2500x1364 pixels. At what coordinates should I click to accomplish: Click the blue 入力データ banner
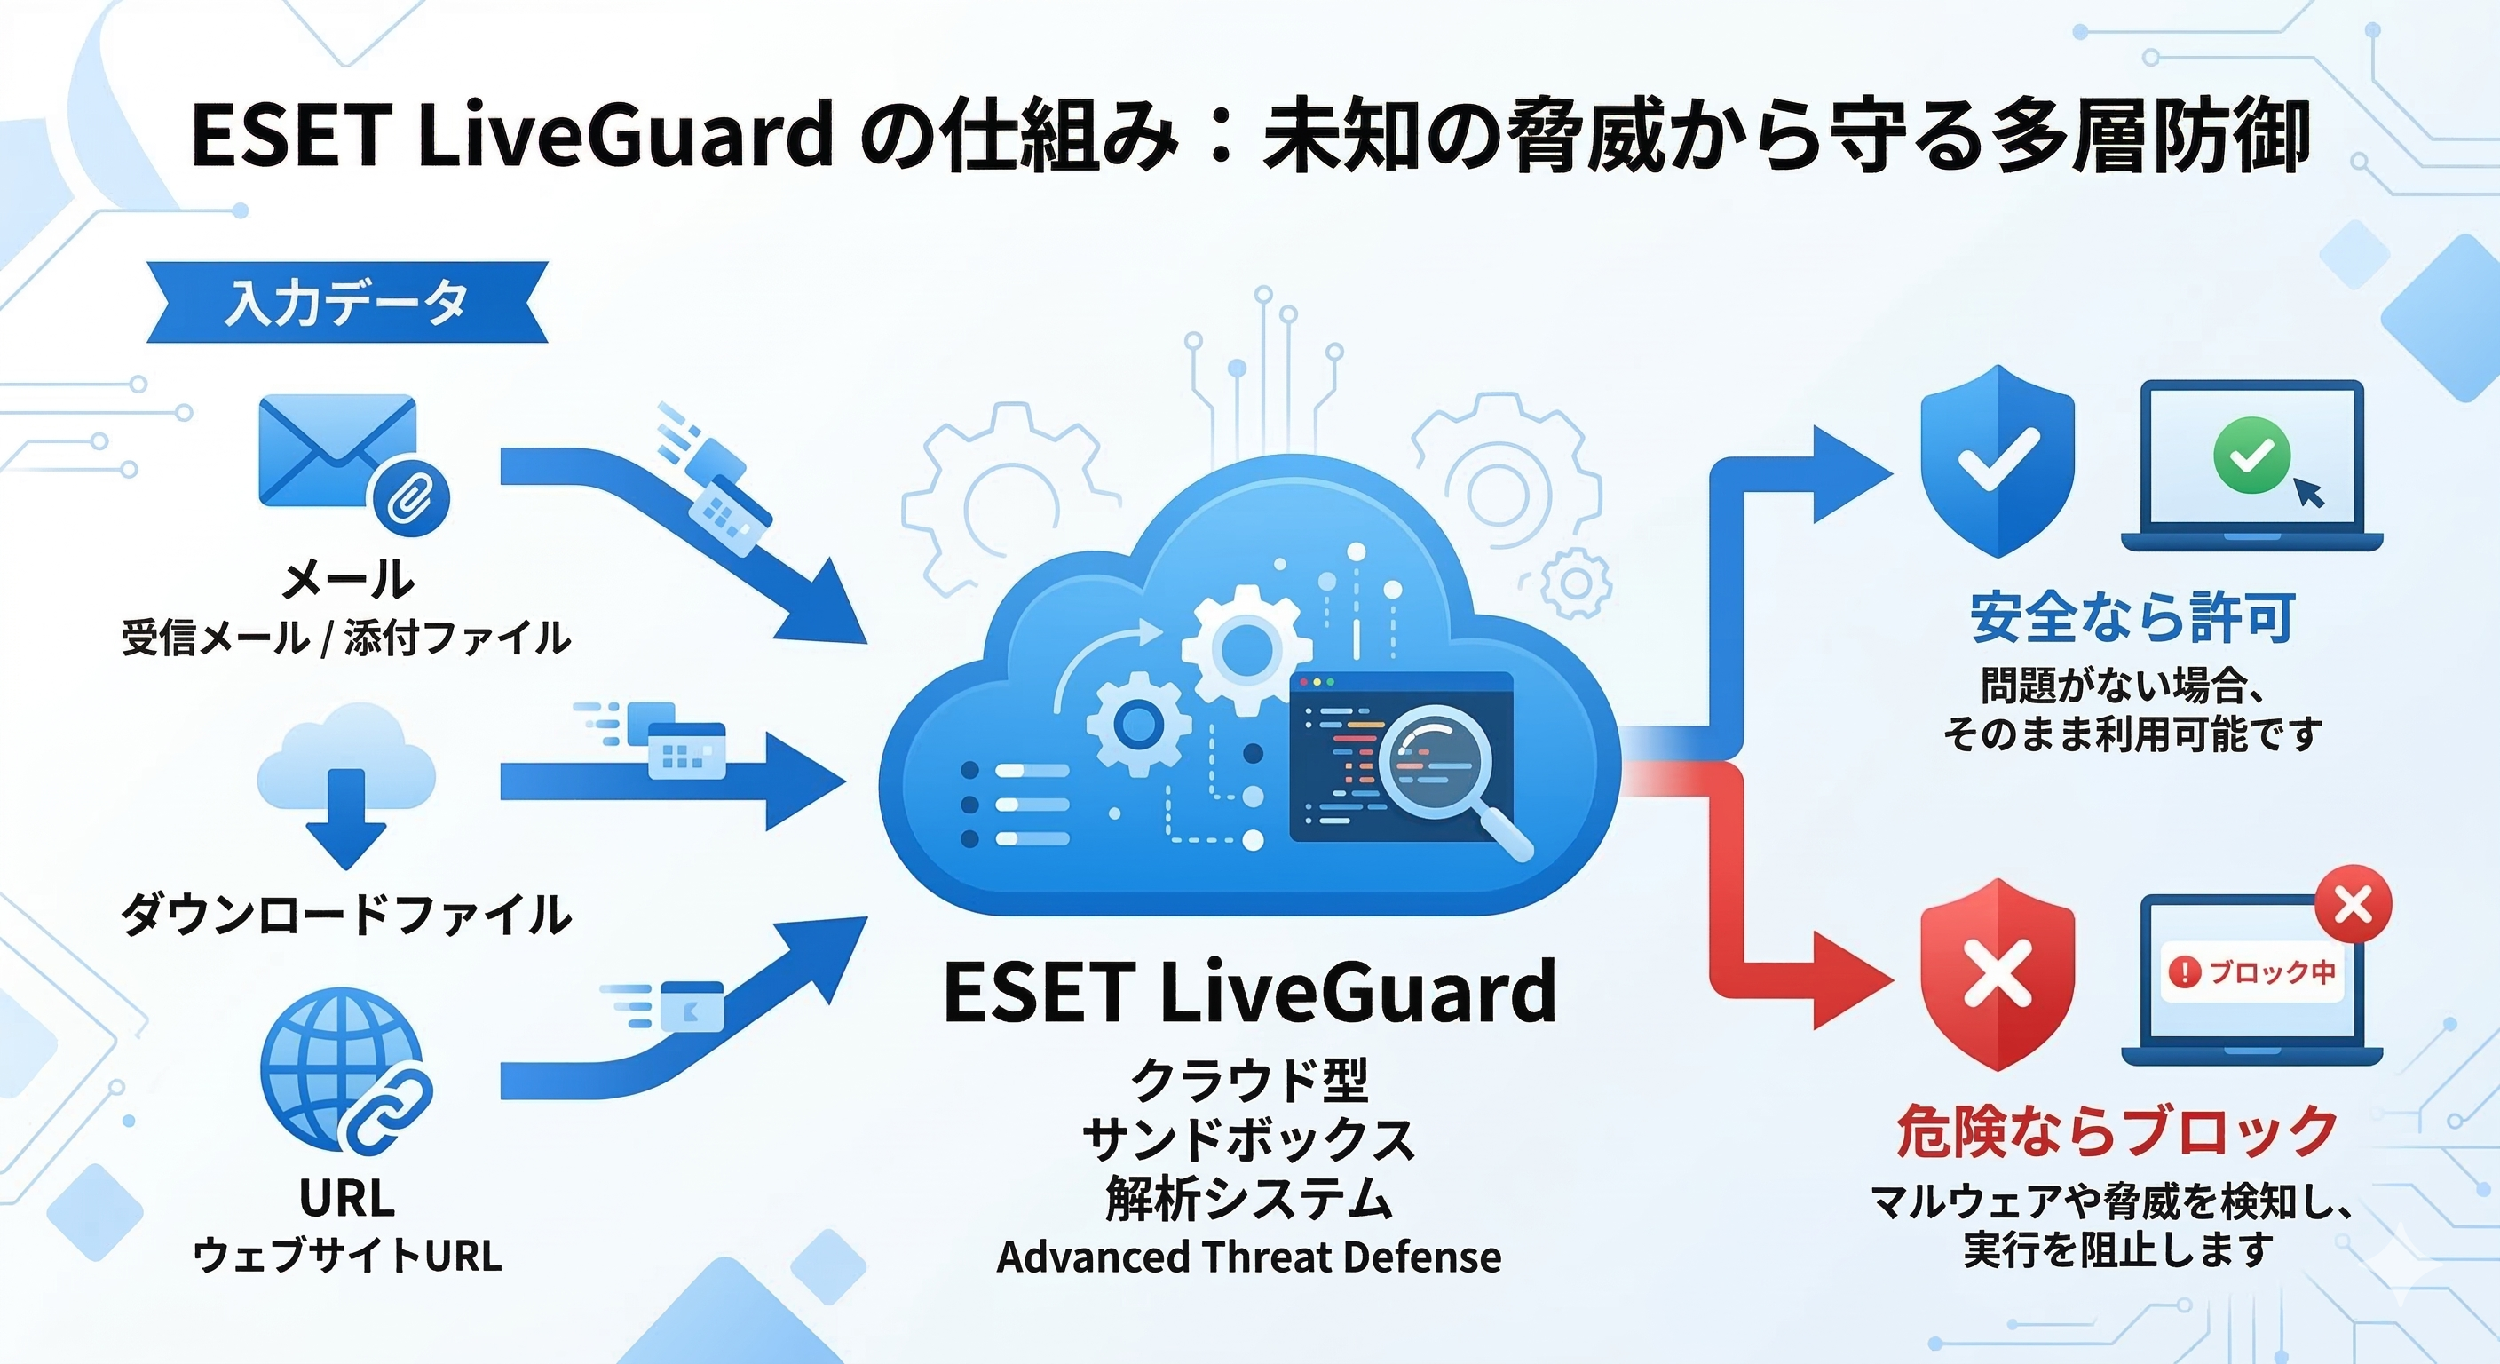[346, 302]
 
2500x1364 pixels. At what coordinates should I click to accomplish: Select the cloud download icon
[345, 782]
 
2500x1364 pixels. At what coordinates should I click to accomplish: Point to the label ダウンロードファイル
[345, 915]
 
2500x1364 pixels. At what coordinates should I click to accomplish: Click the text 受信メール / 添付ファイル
[345, 638]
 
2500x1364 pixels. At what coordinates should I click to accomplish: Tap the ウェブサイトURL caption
[347, 1256]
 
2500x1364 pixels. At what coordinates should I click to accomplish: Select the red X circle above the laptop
[2353, 906]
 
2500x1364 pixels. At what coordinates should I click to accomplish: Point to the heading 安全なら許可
[2132, 617]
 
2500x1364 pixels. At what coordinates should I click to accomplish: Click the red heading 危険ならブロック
[2116, 1132]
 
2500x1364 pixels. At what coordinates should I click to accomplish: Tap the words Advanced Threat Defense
[1249, 1257]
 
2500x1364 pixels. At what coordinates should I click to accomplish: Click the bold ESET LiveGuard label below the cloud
[1249, 992]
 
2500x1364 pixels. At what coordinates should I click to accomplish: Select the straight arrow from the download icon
[669, 781]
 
